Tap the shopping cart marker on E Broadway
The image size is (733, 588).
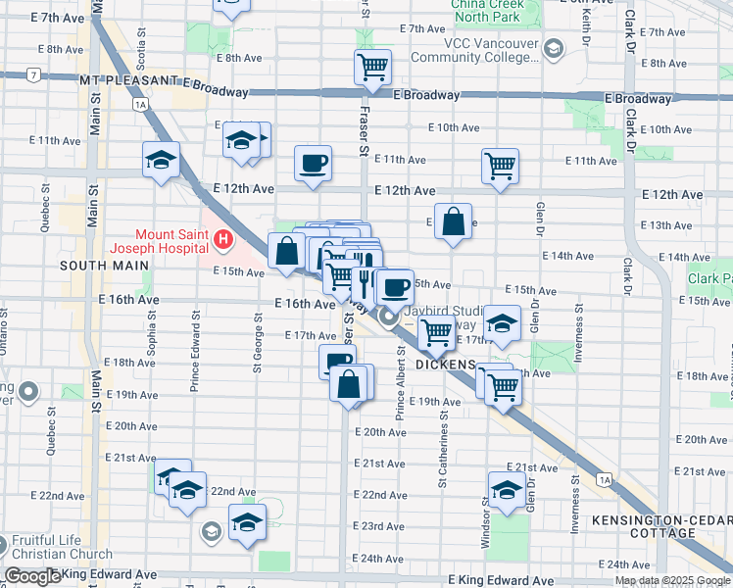pos(372,68)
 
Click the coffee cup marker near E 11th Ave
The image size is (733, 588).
pos(313,164)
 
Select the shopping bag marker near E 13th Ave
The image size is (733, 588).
pos(454,221)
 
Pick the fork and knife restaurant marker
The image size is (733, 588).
pos(364,277)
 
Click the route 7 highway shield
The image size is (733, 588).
pos(33,74)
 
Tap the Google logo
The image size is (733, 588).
pos(32,576)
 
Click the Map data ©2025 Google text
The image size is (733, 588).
pos(671,580)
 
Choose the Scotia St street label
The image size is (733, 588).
pos(142,45)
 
